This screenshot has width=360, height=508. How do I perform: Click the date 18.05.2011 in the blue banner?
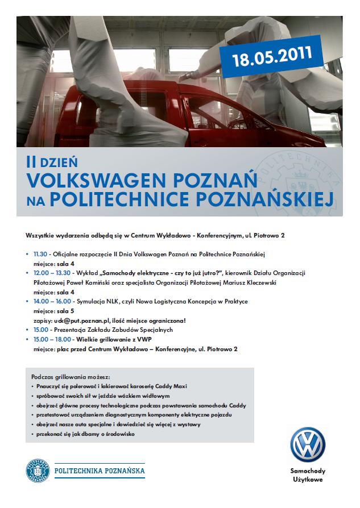272,56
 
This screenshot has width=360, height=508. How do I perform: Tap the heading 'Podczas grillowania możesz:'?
71,376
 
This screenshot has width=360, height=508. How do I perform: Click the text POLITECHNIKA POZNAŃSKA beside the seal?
99,470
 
